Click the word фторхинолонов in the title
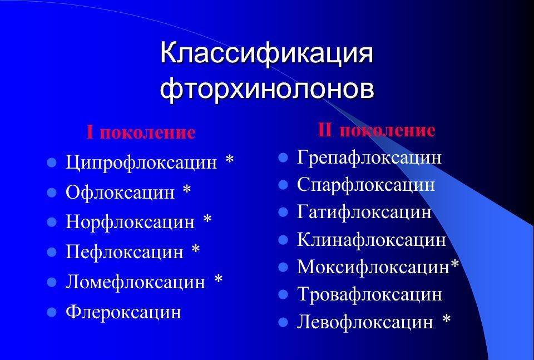pos(267,88)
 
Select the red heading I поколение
pos(141,132)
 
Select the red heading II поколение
pos(377,130)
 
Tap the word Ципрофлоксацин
pos(141,162)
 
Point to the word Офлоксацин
pos(120,192)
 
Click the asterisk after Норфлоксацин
pos(207,219)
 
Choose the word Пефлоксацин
pos(124,251)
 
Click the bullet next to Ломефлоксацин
pos(51,282)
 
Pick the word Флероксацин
pos(123,312)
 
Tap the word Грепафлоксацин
pos(369,157)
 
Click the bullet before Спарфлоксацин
pos(283,185)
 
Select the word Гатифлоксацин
pos(364,212)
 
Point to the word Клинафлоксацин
pos(372,239)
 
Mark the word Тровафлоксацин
pos(369,294)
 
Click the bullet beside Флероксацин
pos(51,312)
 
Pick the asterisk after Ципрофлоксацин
pos(230,159)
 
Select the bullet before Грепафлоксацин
pos(283,157)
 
